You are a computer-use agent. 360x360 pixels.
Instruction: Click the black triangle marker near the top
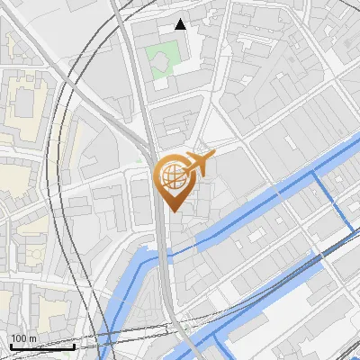coord(181,24)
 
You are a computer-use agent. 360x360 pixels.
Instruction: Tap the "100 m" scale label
coord(24,338)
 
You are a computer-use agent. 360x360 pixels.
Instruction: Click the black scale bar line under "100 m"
coord(41,346)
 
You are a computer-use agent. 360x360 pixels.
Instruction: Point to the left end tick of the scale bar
coord(10,344)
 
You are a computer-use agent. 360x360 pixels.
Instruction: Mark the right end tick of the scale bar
coord(74,344)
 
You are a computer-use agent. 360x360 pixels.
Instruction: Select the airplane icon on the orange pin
coord(198,163)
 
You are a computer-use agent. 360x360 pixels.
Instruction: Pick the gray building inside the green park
coord(159,61)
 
